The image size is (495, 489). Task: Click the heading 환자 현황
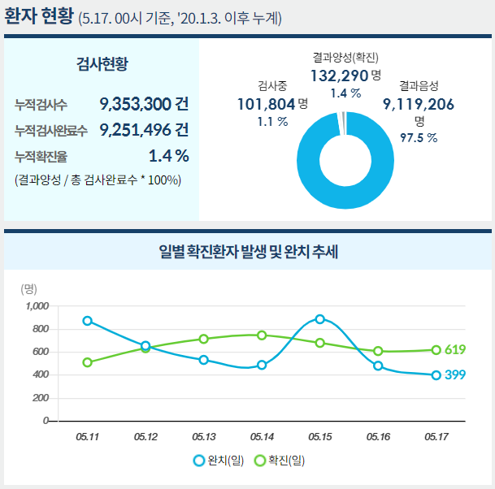click(x=38, y=16)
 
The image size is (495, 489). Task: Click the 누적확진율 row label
click(x=41, y=156)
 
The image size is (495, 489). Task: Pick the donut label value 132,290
click(x=340, y=76)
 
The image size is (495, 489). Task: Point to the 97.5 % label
click(x=419, y=137)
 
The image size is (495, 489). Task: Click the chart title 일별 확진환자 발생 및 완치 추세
click(x=248, y=252)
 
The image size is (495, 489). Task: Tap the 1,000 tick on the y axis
click(x=37, y=306)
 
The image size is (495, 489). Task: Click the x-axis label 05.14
click(x=262, y=437)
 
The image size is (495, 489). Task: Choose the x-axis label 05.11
click(x=87, y=437)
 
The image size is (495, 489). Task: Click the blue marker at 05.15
click(x=320, y=319)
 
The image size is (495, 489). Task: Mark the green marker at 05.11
click(x=88, y=362)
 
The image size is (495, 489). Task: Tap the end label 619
click(x=455, y=350)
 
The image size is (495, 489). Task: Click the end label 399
click(x=455, y=375)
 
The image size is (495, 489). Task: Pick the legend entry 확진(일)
click(x=280, y=461)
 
